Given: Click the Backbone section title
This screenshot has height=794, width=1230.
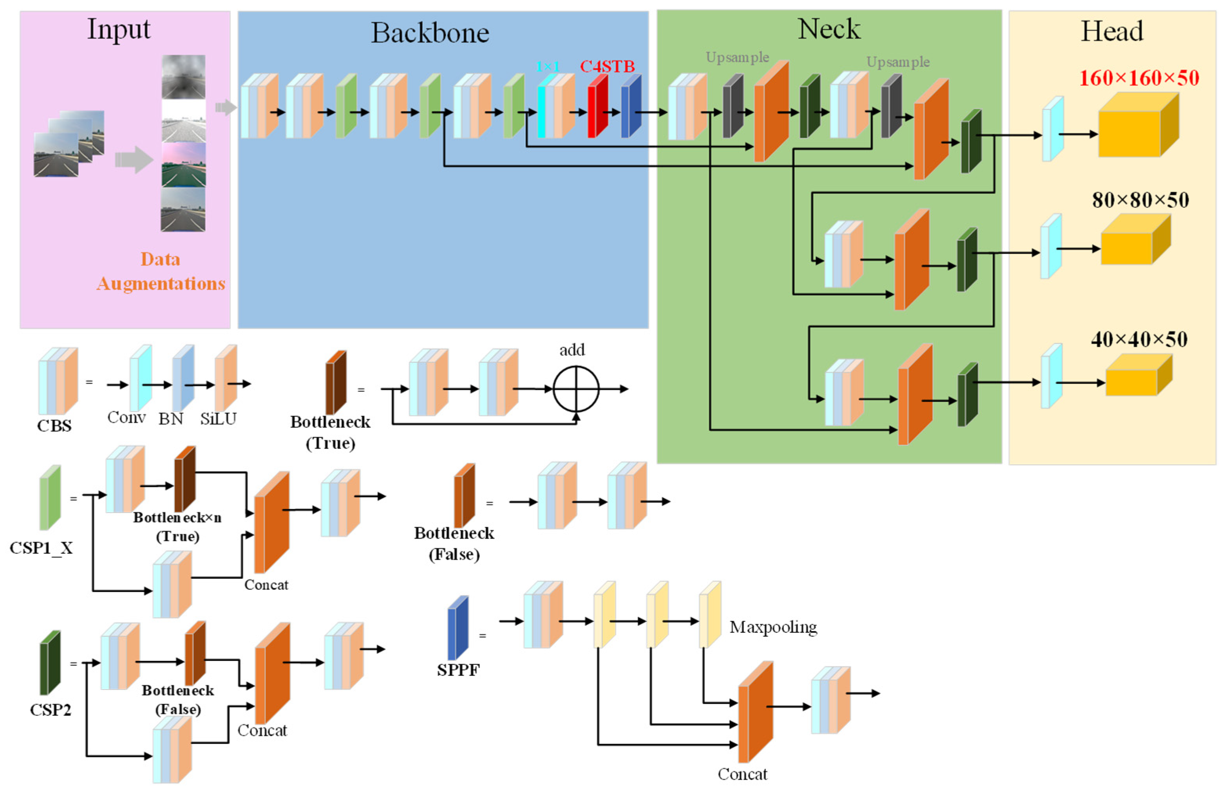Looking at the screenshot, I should (x=430, y=33).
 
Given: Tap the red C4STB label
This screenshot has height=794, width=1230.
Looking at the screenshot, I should (x=607, y=67).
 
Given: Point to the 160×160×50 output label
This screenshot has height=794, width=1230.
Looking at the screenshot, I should (x=1139, y=78).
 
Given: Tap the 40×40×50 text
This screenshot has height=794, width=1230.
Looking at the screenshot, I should (x=1139, y=339).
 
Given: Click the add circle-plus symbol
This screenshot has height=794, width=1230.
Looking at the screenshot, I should (x=576, y=389).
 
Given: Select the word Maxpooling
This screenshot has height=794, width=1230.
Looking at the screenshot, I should (x=773, y=627).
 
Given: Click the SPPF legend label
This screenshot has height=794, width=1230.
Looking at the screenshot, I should (x=458, y=670).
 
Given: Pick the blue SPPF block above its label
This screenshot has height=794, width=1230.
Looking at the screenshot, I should (x=458, y=628).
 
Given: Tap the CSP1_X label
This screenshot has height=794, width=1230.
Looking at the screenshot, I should (x=41, y=547).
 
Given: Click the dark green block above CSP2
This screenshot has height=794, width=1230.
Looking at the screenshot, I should (x=50, y=663).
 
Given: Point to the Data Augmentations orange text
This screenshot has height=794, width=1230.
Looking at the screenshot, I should (x=161, y=271).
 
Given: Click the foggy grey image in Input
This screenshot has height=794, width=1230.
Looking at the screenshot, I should (x=183, y=77).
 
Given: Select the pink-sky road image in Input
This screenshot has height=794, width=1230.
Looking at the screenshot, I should (x=183, y=165).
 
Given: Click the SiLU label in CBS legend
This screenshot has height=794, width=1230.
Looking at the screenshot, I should (x=218, y=419).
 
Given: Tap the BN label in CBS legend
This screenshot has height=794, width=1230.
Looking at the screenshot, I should (x=171, y=419).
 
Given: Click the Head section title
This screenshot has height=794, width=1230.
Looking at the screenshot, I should (x=1111, y=32).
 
